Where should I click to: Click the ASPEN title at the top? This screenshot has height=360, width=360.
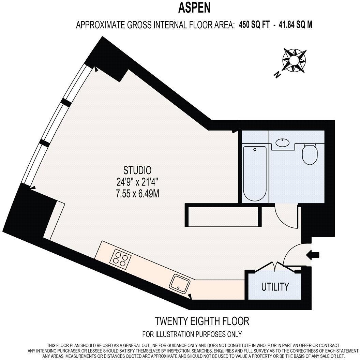pos(194,8)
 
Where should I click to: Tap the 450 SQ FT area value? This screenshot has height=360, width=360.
pos(254,25)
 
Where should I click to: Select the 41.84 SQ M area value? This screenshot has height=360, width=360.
pos(296,25)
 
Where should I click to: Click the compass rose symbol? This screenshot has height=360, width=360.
pos(294,60)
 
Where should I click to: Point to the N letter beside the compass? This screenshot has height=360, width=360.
pos(278,75)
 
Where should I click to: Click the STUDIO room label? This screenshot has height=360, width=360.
pos(137,170)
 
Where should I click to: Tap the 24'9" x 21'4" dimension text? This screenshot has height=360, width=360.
pos(137,182)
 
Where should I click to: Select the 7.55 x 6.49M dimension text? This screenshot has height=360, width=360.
pos(137,194)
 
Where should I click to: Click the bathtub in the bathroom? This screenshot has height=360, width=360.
pos(255,174)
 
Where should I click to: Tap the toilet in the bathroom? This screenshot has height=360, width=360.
pos(310,154)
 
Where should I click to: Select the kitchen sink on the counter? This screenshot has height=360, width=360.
pos(180,284)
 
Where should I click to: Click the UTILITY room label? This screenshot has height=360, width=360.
pos(275,287)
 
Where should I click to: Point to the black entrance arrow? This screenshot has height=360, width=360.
pos(313,255)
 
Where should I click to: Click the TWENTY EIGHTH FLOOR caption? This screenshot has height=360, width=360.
pos(202,321)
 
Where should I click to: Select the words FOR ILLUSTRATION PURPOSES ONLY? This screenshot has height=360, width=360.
pos(192,334)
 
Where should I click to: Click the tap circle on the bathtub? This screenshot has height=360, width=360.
pos(255,149)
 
